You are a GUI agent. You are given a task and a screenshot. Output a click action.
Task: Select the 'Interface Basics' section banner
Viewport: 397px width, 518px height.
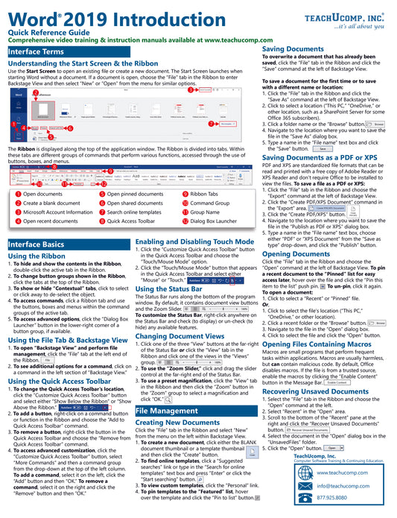click(x=37, y=244)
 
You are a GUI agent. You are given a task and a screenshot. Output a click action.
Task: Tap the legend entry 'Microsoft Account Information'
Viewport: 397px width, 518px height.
click(x=59, y=212)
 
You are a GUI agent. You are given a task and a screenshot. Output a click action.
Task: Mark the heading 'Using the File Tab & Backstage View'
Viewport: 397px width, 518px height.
click(x=67, y=319)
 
